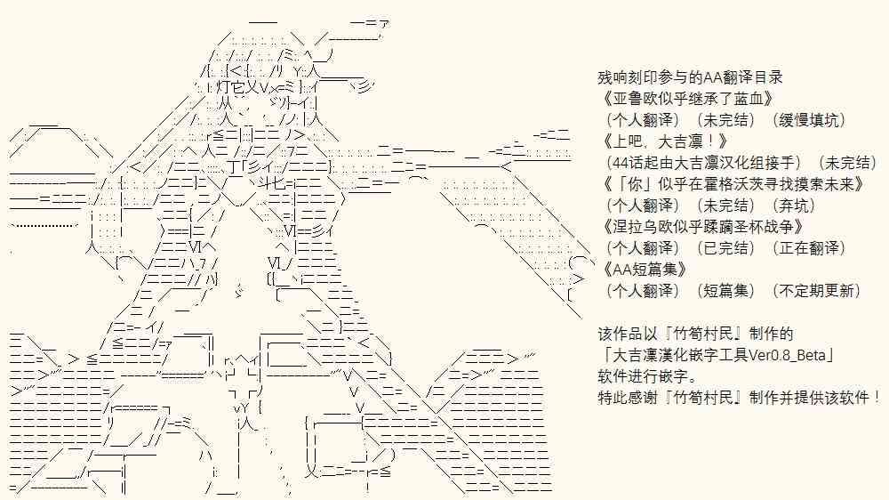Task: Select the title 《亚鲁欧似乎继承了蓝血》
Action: (x=687, y=99)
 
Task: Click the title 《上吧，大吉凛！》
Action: (x=665, y=141)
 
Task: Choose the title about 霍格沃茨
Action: (x=733, y=184)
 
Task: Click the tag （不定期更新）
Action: (x=815, y=291)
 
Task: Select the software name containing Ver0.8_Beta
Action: (x=717, y=355)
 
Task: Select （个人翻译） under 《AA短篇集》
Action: (x=644, y=291)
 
